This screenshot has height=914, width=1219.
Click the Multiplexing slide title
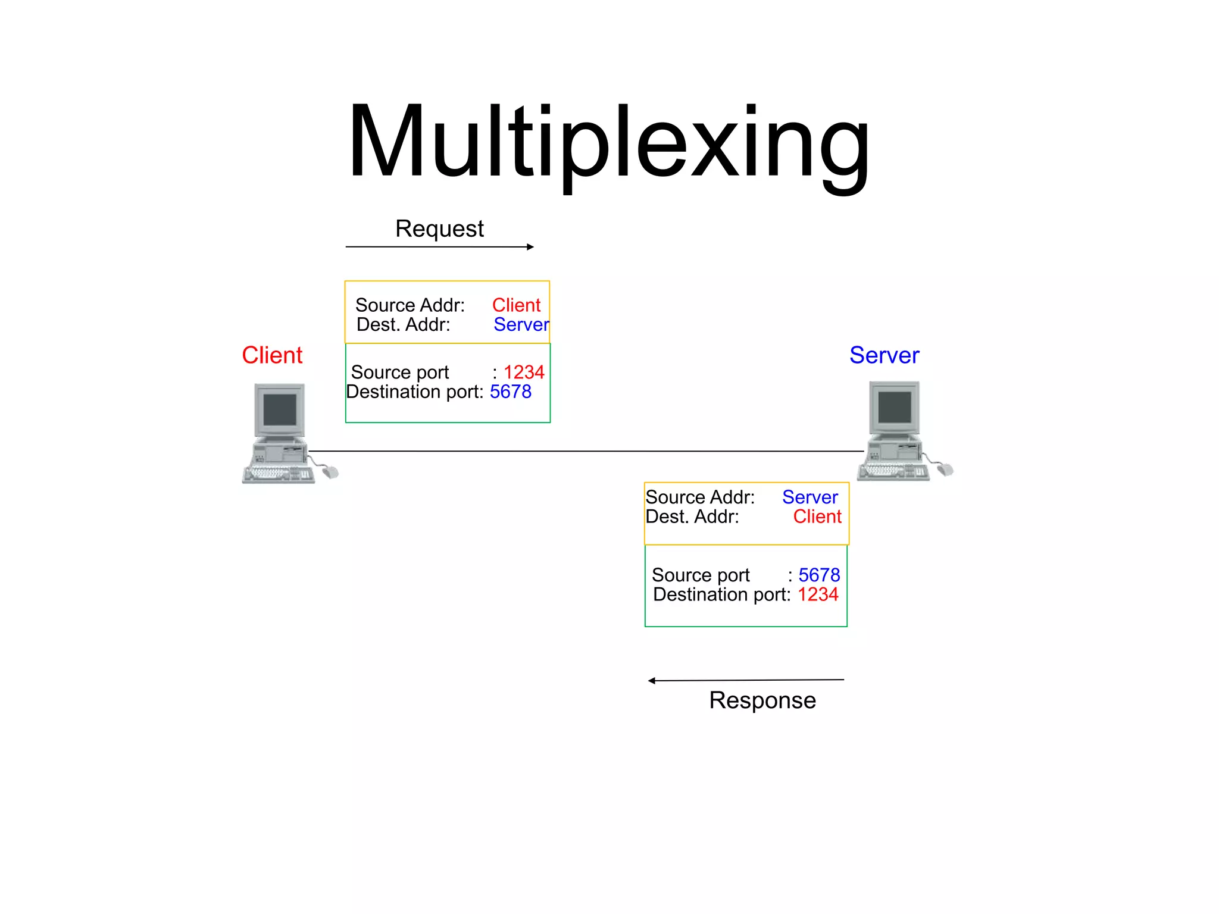(608, 143)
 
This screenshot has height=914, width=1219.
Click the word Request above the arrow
(439, 229)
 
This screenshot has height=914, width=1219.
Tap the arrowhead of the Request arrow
(530, 247)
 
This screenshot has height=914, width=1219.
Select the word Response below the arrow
(762, 700)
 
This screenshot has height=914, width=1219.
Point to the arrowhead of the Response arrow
(652, 681)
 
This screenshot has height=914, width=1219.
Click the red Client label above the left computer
(272, 355)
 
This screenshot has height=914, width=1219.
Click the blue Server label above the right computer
(884, 355)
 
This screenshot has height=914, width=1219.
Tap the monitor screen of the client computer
(280, 409)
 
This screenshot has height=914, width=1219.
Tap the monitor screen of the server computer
(894, 407)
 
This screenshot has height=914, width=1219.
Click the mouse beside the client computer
(330, 472)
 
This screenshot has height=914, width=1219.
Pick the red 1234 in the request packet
(524, 373)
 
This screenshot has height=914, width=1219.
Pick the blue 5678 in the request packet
(511, 392)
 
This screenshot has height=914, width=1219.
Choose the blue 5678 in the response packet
(819, 575)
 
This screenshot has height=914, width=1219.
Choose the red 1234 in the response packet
(818, 594)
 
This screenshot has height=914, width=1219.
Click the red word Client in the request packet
(516, 305)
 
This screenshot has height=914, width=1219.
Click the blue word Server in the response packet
(809, 497)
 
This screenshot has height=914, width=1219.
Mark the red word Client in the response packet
(817, 517)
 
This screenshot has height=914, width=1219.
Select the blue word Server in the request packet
(521, 325)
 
